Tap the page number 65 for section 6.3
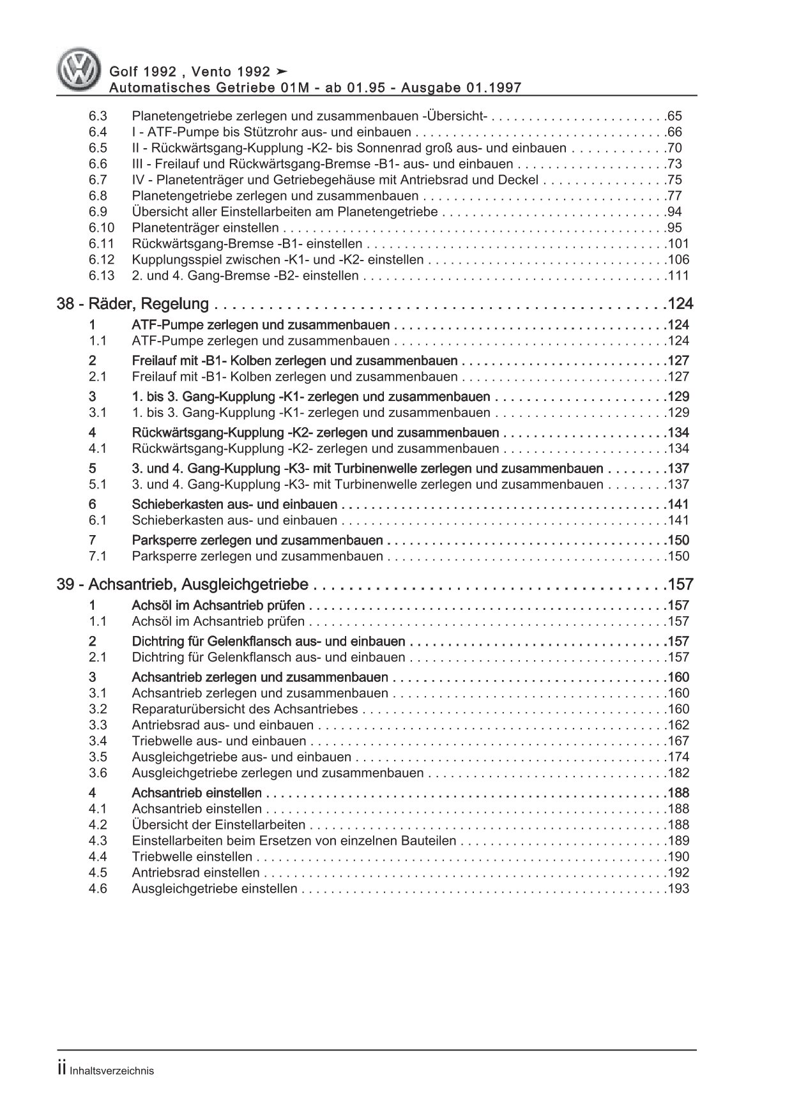point(674,116)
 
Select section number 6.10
point(101,228)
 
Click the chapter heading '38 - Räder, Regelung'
point(133,304)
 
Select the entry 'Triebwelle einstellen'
point(192,857)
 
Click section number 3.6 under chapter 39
point(98,773)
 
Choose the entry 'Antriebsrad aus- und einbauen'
point(222,725)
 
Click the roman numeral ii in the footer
point(62,1070)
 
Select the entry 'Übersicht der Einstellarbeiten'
point(218,825)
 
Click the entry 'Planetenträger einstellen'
point(205,228)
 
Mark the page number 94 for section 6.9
point(674,212)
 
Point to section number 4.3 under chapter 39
point(98,841)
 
